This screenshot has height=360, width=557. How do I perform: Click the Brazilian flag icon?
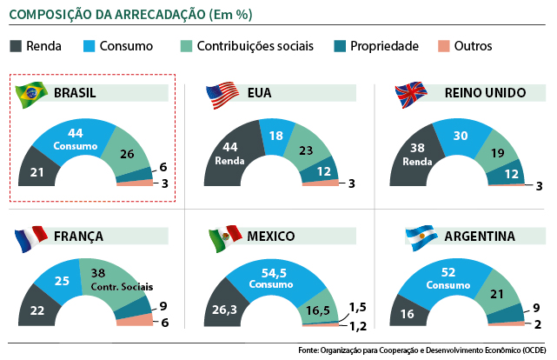point(33,92)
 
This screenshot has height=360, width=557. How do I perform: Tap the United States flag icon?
point(222,94)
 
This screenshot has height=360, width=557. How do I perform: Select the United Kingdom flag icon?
point(411,94)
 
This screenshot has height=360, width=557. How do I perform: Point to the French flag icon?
point(32,237)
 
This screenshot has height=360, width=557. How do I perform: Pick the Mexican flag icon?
point(224,237)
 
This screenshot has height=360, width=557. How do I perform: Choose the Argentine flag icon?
point(420,237)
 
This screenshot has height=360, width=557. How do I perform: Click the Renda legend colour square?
point(17,46)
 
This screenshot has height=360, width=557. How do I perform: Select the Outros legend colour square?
point(443,46)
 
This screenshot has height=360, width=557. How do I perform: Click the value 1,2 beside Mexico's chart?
point(359,326)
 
